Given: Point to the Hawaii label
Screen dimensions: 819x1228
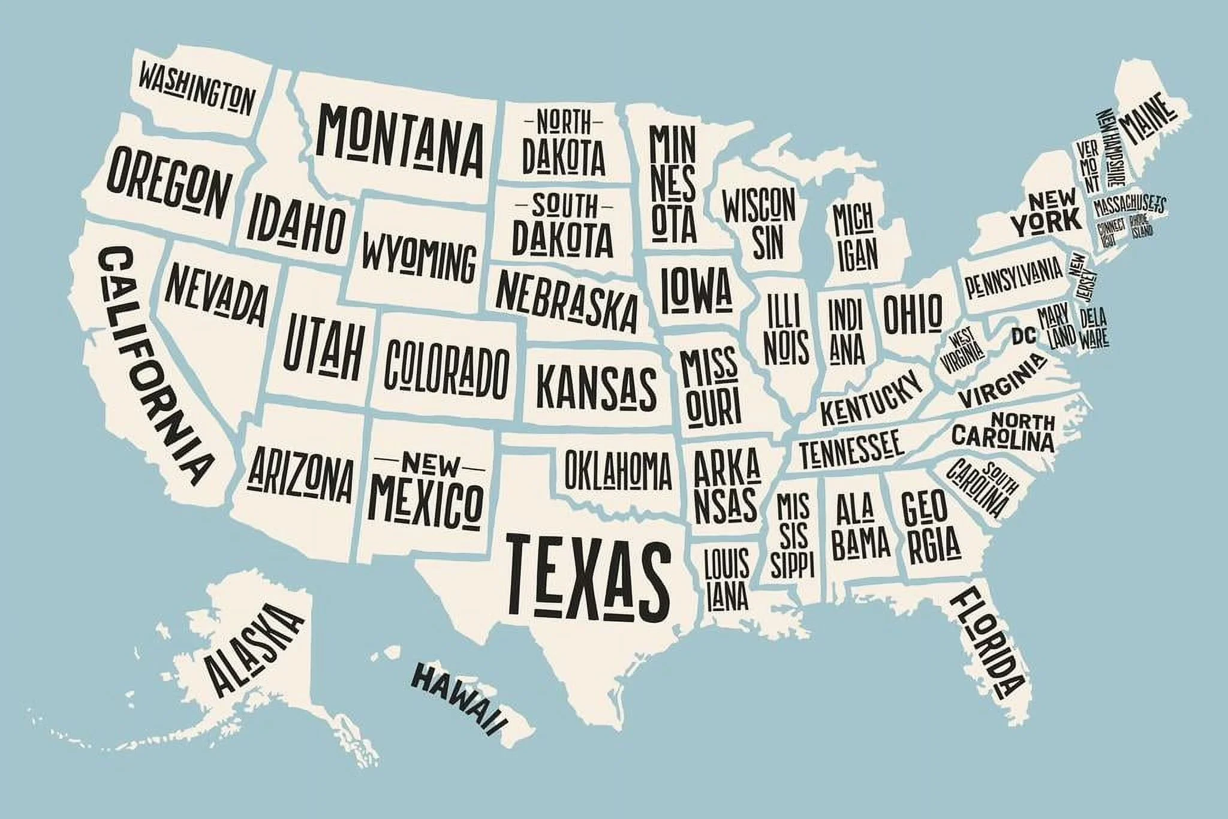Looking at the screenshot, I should tap(458, 698).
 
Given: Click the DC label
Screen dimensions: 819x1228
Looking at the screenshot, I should tap(1024, 336).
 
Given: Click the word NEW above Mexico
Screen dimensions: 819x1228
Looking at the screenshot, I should tap(429, 463).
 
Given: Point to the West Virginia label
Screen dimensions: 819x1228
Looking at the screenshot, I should tap(963, 351).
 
